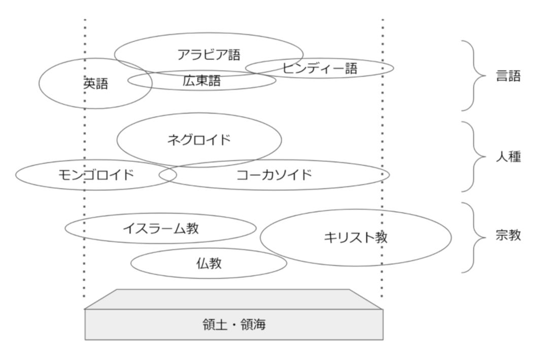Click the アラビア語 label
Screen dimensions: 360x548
coord(209,54)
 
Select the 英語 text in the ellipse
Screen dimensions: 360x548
coord(96,84)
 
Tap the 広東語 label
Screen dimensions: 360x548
coord(201,80)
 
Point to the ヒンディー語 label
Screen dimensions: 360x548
coord(320,68)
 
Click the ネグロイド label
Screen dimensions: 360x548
coord(199,140)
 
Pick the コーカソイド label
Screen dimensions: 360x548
coord(274,175)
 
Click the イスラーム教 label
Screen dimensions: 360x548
coord(160,228)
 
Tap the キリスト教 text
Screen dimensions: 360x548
coord(356,237)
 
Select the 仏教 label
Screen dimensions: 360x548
coord(209,264)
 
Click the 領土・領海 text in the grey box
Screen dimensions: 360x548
coord(234,324)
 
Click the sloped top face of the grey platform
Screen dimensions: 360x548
coord(234,299)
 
